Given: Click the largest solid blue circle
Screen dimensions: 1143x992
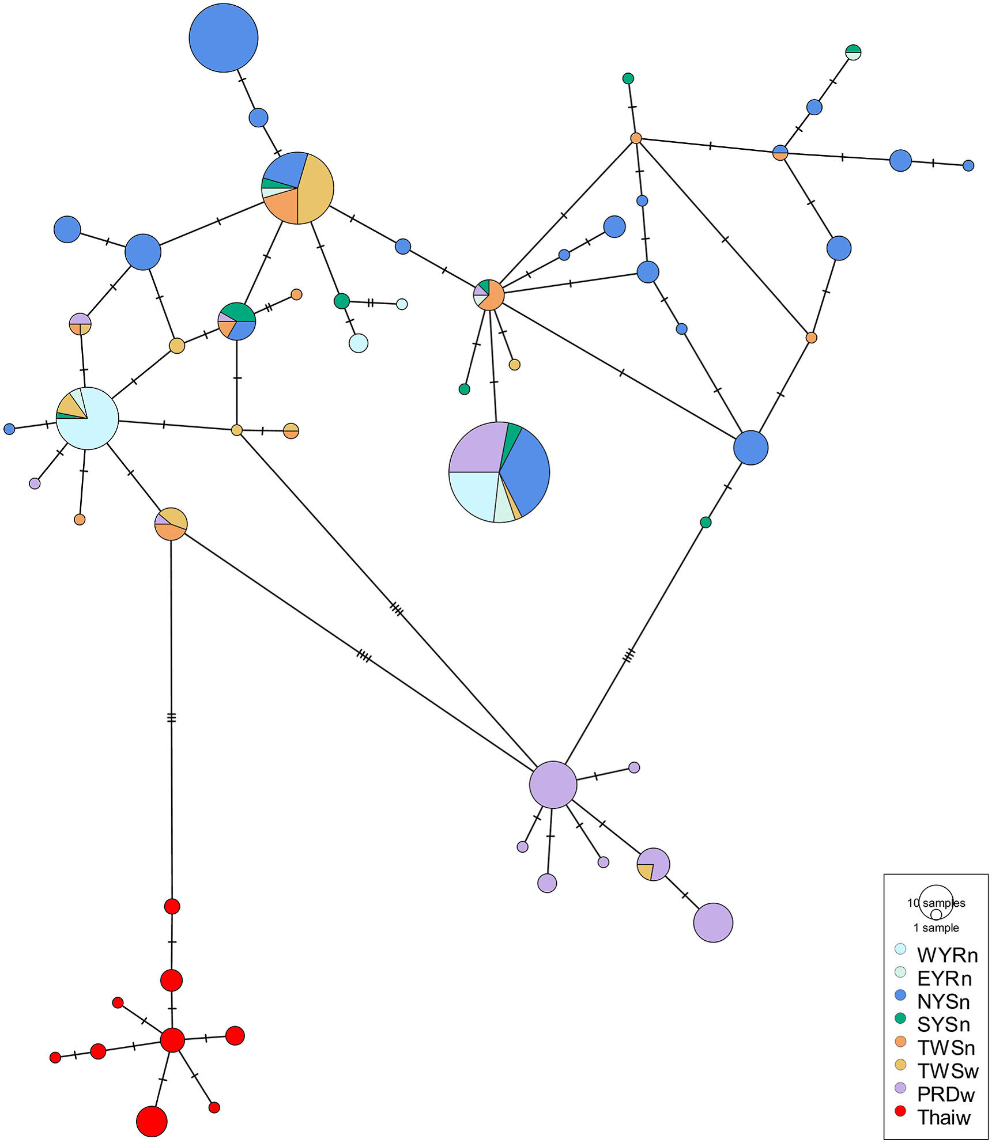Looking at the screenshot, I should pyautogui.click(x=223, y=38).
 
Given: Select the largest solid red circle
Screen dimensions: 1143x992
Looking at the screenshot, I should pyautogui.click(x=152, y=1121).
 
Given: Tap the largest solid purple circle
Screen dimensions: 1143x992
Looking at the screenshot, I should pyautogui.click(x=553, y=784).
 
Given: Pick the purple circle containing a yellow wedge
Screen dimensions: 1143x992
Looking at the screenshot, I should pyautogui.click(x=653, y=864).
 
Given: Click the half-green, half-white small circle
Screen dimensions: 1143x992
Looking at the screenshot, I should pyautogui.click(x=853, y=52).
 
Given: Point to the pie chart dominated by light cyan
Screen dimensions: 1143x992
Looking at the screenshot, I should pyautogui.click(x=87, y=418).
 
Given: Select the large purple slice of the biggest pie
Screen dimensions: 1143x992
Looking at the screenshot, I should pyautogui.click(x=477, y=448).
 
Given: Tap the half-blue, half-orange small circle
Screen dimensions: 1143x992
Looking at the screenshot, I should pyautogui.click(x=780, y=153).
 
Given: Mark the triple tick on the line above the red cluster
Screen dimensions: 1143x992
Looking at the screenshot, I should pyautogui.click(x=171, y=718).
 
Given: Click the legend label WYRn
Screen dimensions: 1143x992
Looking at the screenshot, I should pyautogui.click(x=947, y=955).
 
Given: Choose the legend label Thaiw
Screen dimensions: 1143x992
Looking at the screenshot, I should pyautogui.click(x=944, y=1117).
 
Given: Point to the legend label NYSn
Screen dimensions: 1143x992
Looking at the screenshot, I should pyautogui.click(x=944, y=1002).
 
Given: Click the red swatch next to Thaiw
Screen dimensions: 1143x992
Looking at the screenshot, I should pyautogui.click(x=900, y=1111).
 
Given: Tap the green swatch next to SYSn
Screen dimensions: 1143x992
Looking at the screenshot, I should pyautogui.click(x=900, y=1018).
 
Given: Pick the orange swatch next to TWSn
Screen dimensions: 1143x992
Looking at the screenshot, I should pyautogui.click(x=900, y=1042).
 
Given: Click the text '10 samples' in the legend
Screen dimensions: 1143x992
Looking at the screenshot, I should pyautogui.click(x=936, y=903).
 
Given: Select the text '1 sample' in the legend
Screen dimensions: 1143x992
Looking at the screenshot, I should pyautogui.click(x=936, y=928).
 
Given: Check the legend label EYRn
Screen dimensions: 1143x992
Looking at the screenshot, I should pyautogui.click(x=944, y=978).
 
